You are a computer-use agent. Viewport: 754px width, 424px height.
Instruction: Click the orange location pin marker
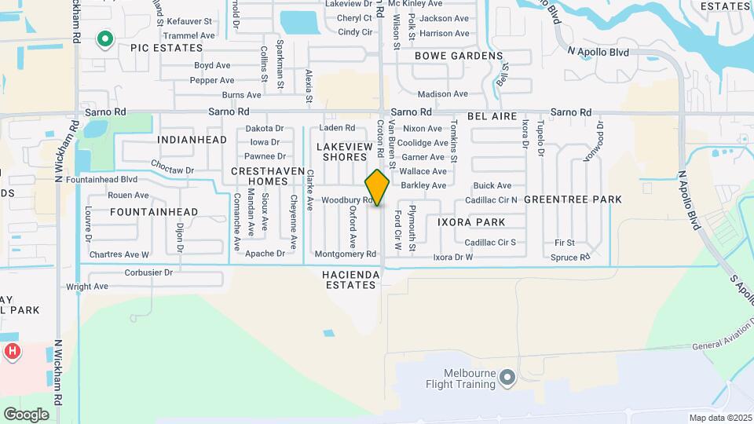[377, 187]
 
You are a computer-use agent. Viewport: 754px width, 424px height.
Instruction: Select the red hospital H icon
[13, 351]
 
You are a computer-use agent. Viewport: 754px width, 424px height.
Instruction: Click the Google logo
[26, 414]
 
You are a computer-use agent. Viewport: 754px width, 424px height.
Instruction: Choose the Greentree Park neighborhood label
[572, 199]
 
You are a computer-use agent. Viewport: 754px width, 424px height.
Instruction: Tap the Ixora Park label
[471, 222]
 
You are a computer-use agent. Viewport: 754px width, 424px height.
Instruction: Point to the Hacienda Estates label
[350, 280]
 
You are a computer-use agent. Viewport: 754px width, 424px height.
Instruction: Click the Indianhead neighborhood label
[192, 140]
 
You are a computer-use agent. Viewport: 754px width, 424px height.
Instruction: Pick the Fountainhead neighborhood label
[154, 212]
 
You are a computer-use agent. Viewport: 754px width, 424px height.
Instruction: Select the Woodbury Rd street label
[341, 200]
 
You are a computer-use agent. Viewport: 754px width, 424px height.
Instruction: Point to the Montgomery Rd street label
[346, 254]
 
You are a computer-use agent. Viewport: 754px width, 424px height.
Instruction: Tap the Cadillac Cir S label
[490, 242]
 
